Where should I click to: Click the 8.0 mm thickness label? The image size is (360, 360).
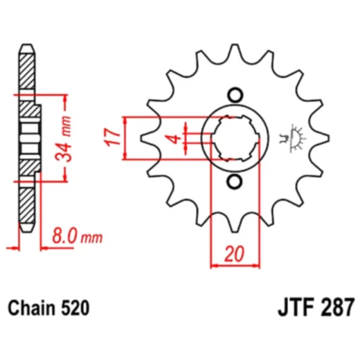click(76, 237)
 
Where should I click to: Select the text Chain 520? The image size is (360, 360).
click(48, 305)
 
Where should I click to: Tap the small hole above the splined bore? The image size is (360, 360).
click(235, 95)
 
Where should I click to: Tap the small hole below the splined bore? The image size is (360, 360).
click(235, 181)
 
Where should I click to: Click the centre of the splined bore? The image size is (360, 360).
click(235, 138)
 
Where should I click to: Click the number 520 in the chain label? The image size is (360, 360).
click(75, 305)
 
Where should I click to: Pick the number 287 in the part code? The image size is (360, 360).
click(336, 305)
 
